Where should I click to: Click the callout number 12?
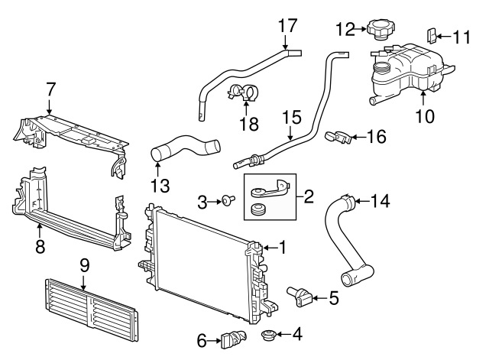345,29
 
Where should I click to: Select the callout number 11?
461,35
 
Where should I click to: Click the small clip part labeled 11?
431,34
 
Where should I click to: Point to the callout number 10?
425,116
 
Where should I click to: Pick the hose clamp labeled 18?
244,95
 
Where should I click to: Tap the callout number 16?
376,137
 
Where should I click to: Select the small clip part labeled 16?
339,136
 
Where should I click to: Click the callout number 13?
159,184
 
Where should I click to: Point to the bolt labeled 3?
228,201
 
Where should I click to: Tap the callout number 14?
380,202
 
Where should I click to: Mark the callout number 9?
84,265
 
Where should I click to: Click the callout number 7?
50,89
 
